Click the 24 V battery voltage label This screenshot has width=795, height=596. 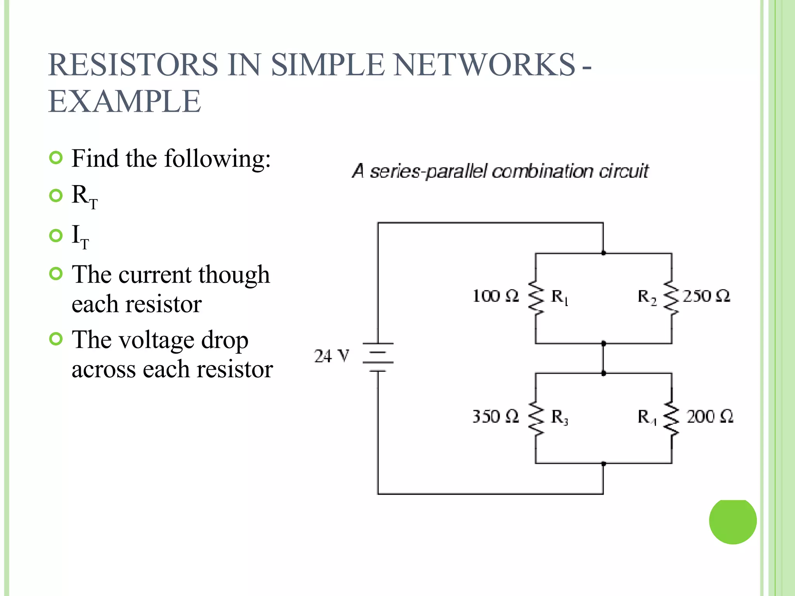(331, 356)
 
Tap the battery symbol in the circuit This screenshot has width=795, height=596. (378, 357)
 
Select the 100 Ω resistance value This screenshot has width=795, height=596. (495, 296)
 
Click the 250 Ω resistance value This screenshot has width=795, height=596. (706, 296)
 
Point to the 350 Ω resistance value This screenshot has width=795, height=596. (495, 416)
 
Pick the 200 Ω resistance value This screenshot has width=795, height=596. (709, 416)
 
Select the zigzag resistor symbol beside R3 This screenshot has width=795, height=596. (536, 418)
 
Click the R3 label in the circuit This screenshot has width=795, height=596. (559, 417)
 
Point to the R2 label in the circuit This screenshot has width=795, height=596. (647, 297)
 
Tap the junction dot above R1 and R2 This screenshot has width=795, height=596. (603, 253)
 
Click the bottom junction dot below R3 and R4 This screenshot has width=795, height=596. (603, 463)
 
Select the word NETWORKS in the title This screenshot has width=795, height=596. (484, 64)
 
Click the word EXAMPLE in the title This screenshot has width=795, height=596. (125, 101)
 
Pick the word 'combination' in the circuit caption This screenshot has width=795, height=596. (542, 171)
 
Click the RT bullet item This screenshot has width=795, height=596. (84, 196)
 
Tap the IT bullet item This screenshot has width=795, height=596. (80, 236)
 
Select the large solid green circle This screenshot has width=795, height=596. (733, 521)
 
